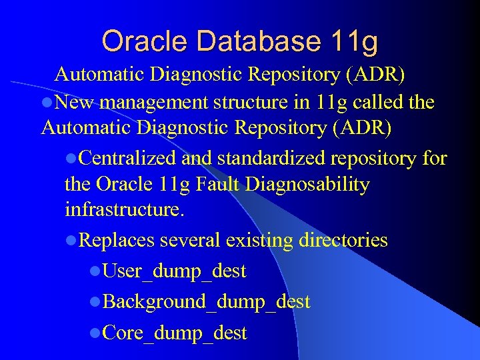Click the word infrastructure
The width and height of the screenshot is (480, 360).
click(x=123, y=210)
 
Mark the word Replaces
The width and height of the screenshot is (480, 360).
click(x=117, y=240)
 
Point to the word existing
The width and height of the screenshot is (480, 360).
click(x=256, y=240)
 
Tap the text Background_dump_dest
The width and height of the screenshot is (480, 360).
click(x=207, y=302)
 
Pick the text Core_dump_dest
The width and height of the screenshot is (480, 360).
click(x=175, y=333)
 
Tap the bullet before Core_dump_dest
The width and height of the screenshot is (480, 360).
click(x=96, y=333)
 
